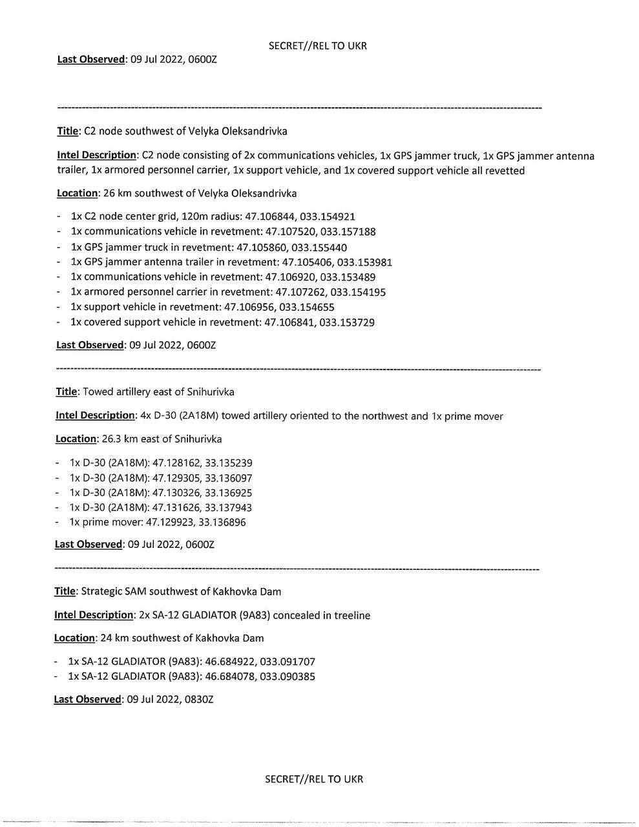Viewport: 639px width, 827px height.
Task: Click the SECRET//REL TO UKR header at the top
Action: click(317, 45)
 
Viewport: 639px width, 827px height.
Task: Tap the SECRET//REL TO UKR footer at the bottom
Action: click(314, 779)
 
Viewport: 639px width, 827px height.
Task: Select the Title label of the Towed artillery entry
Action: click(66, 392)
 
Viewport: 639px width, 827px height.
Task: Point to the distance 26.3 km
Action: click(120, 439)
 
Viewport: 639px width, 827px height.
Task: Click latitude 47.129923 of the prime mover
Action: click(171, 522)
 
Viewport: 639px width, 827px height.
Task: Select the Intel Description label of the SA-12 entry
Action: click(94, 615)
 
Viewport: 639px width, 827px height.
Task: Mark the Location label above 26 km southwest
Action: click(76, 193)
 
